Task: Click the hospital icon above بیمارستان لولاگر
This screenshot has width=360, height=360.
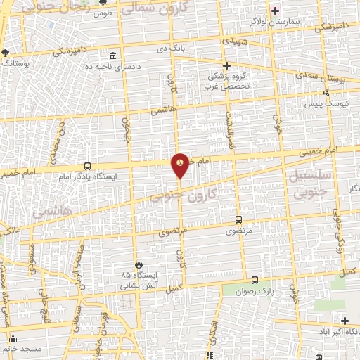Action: tap(276, 11)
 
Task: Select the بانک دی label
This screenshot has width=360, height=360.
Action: tap(172, 48)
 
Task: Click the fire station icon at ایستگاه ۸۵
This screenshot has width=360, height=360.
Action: tap(138, 264)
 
